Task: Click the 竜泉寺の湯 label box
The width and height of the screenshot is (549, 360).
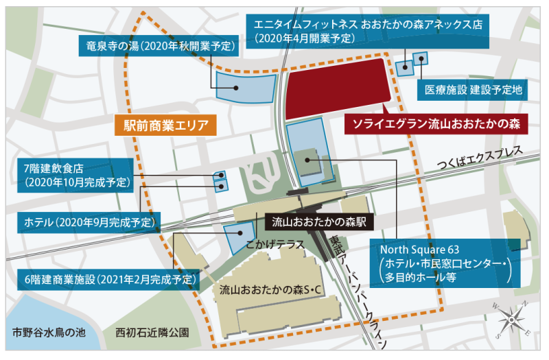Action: click(158, 47)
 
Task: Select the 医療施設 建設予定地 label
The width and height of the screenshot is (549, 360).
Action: click(474, 89)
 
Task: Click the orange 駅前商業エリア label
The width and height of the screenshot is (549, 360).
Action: click(165, 125)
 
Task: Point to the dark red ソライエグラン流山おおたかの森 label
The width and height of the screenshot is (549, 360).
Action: click(436, 123)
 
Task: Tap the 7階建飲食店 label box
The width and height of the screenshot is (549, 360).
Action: click(75, 175)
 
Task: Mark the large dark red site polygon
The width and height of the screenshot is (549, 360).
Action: click(336, 88)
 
